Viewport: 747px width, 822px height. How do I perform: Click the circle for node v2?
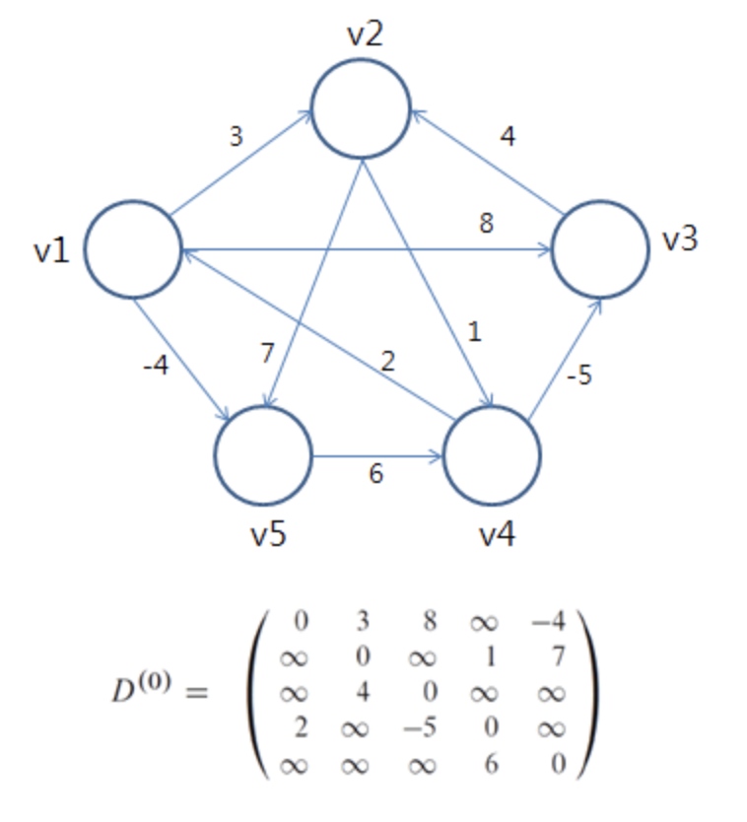pos(361,109)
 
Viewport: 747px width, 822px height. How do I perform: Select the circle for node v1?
pos(133,249)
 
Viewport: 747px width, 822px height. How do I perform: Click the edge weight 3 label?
pos(236,136)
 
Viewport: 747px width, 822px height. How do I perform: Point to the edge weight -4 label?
pos(155,367)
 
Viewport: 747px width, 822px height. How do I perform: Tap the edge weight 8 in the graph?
pos(486,224)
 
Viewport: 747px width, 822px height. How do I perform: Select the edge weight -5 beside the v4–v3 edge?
pos(578,377)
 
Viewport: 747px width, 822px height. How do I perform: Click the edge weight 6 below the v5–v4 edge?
pos(375,474)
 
